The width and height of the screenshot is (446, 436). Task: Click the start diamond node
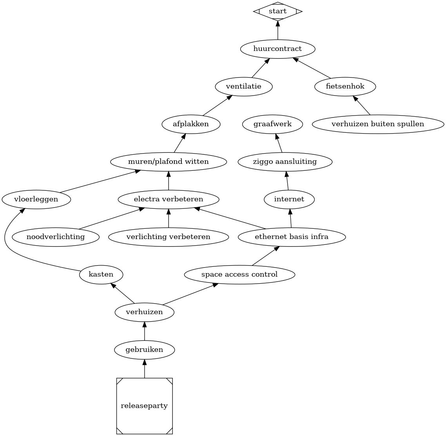point(278,11)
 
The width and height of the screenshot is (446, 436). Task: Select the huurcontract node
point(278,49)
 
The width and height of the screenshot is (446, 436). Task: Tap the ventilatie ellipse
point(244,87)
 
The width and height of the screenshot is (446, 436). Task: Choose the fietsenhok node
point(345,87)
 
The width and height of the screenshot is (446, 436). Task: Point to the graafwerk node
point(273,124)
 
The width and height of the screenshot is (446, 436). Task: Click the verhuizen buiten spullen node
point(378,124)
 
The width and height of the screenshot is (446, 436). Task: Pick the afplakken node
point(191,124)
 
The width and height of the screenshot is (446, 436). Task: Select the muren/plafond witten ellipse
point(169,162)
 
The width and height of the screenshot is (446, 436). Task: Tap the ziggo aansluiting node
point(285,162)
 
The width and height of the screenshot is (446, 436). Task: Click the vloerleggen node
point(36,199)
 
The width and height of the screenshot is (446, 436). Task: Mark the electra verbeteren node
point(169,199)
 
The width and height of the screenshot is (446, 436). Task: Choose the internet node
point(289,199)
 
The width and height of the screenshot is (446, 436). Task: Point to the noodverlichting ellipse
point(56,237)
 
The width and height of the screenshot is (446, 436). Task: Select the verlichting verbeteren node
point(169,237)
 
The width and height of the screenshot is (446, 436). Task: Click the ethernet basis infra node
point(292,237)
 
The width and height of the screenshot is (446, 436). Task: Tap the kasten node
point(101,275)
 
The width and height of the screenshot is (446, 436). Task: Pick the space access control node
point(239,275)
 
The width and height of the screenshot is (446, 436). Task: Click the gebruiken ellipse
point(145,350)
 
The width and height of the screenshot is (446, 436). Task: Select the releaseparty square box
point(145,406)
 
